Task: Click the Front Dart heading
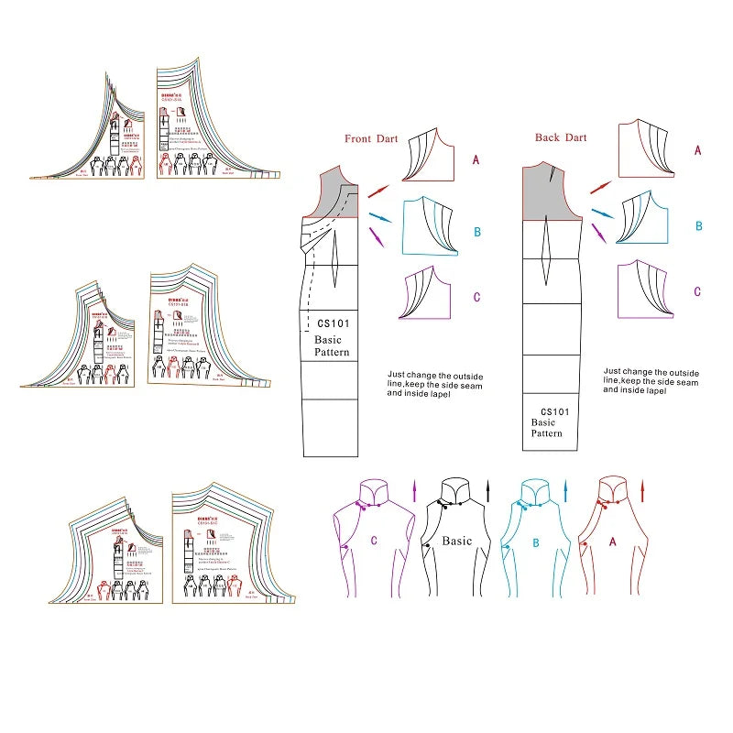click(x=371, y=138)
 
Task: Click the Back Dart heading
click(x=561, y=137)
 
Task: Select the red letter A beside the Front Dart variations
click(x=476, y=159)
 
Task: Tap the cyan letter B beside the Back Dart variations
click(x=698, y=225)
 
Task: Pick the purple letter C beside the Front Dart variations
click(x=476, y=297)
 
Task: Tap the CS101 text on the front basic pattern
click(x=334, y=323)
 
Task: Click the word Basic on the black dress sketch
click(x=456, y=541)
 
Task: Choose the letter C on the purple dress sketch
click(x=375, y=542)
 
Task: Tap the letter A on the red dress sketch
click(x=613, y=542)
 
